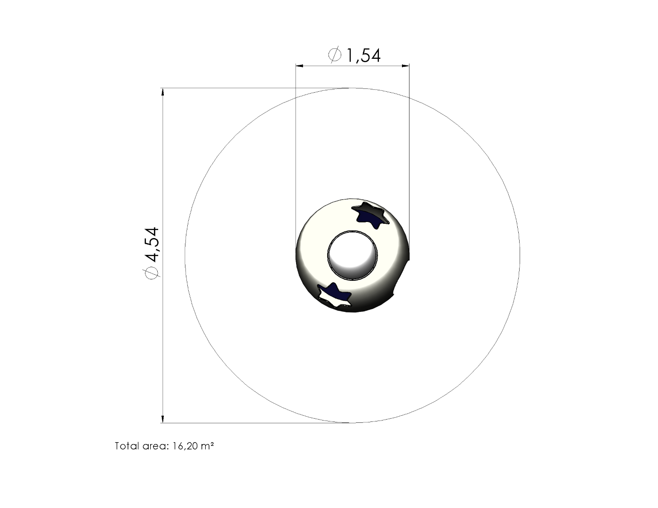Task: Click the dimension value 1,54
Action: (363, 56)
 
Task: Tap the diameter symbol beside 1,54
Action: (335, 55)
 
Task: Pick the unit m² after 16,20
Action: (208, 446)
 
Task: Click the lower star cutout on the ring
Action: (334, 295)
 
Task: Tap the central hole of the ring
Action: (353, 255)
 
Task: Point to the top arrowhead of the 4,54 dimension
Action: (163, 92)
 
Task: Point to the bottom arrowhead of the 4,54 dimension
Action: (163, 419)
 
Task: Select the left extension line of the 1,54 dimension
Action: (296, 155)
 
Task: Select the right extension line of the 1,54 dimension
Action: (409, 155)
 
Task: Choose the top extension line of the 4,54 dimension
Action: (254, 88)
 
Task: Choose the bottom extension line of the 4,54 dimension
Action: (254, 423)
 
